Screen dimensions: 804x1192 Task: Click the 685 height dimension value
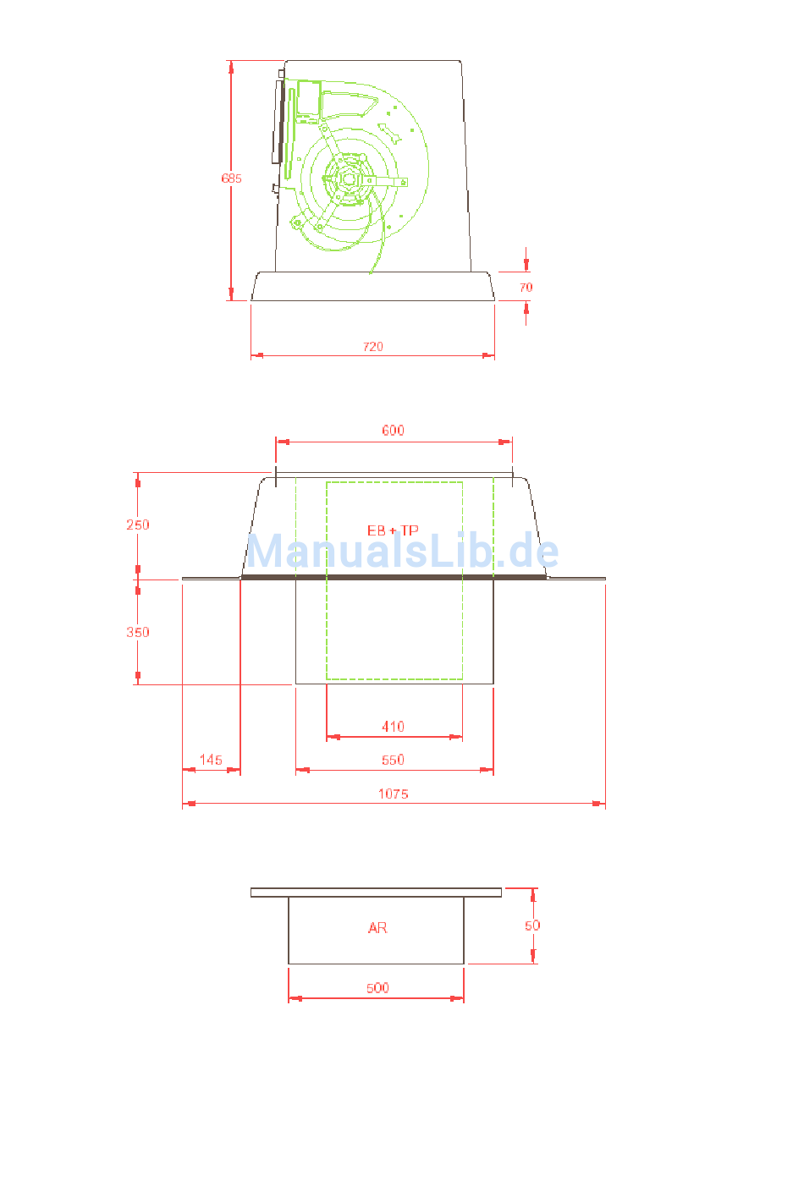click(232, 179)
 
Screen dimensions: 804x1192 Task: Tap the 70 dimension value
click(526, 288)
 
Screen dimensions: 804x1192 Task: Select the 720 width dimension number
click(372, 346)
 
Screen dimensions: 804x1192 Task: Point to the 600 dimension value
click(393, 430)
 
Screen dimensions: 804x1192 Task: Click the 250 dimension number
click(138, 525)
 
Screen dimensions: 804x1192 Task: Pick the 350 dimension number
click(138, 632)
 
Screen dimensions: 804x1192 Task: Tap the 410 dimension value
click(393, 727)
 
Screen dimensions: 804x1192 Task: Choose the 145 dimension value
click(211, 760)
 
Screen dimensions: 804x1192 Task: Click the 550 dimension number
click(393, 760)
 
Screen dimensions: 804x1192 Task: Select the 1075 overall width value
click(393, 794)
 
